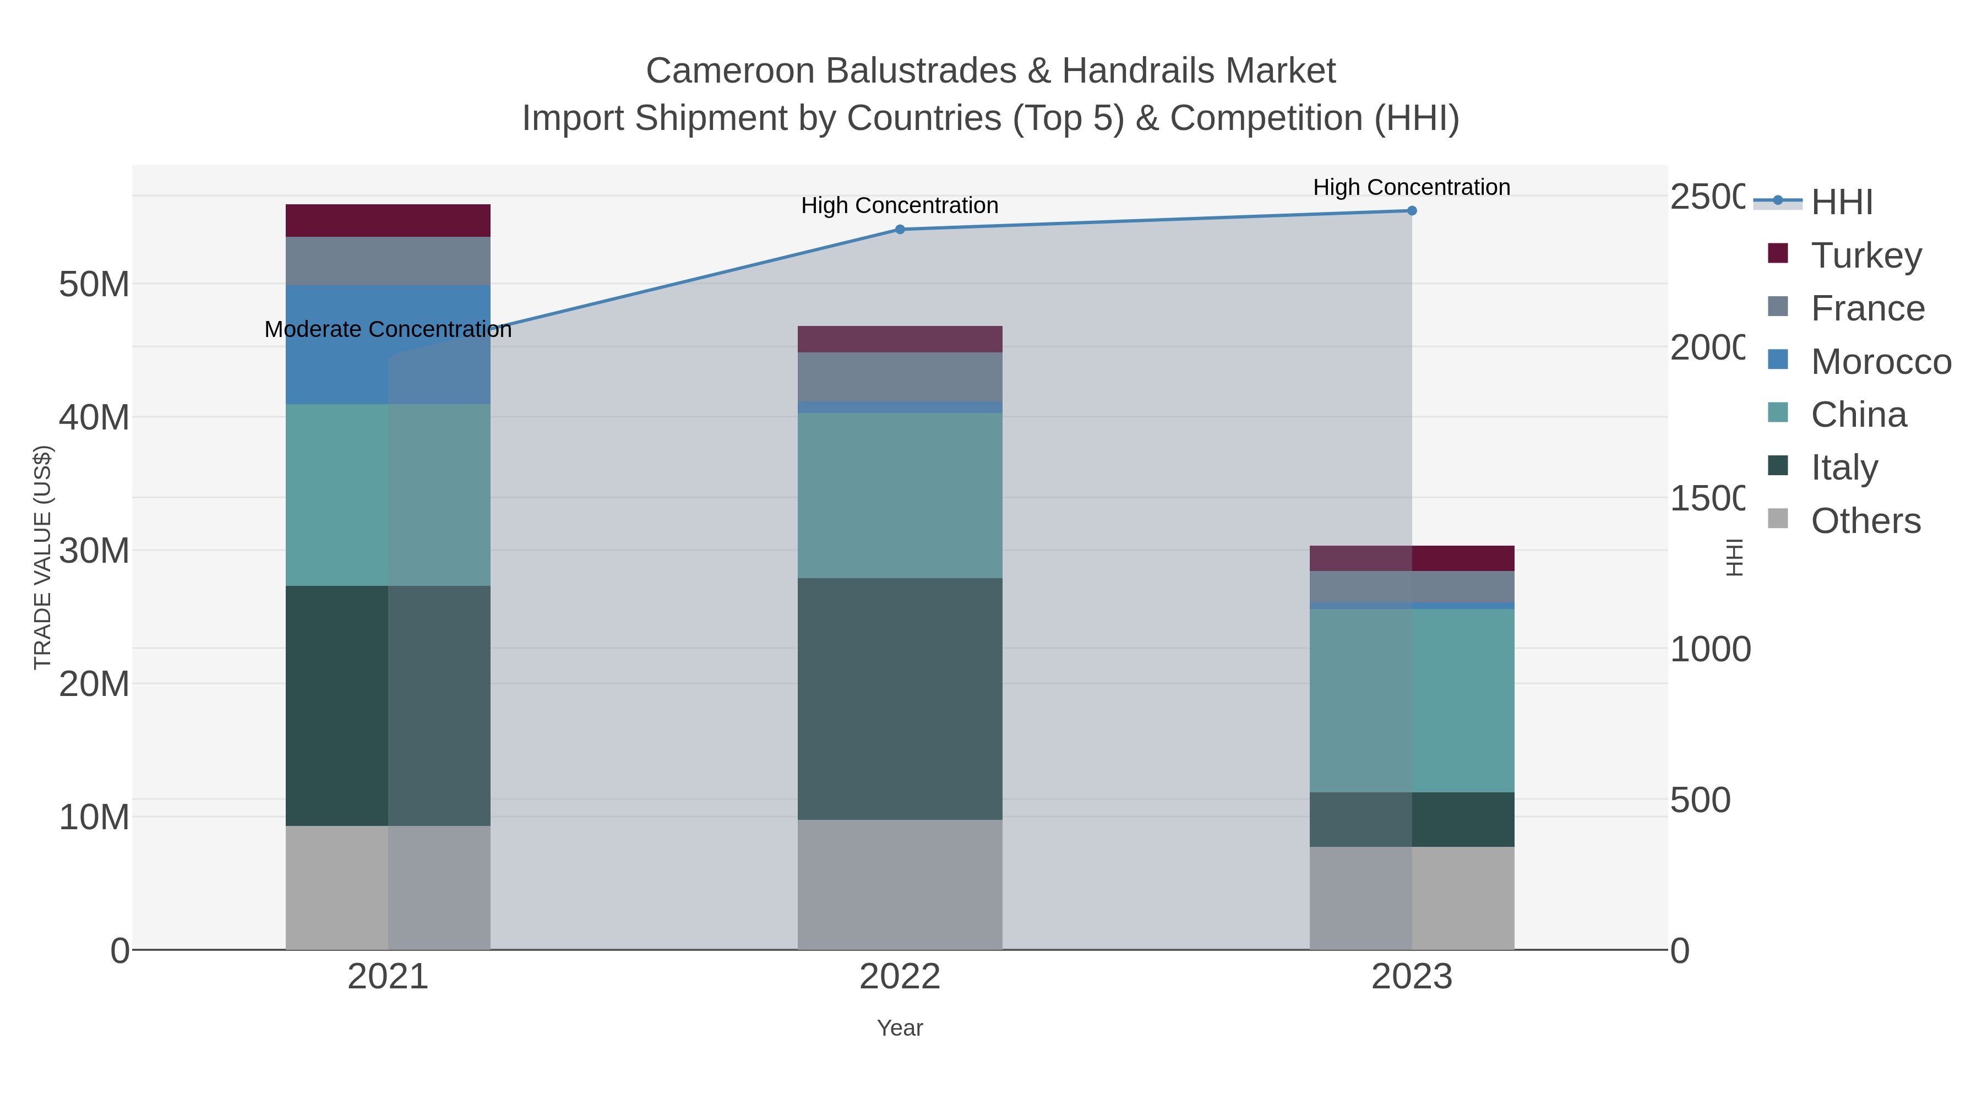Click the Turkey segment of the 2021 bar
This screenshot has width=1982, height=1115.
coord(388,221)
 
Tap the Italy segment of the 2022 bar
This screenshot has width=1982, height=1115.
coord(900,699)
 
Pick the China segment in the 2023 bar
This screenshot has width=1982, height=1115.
coord(1412,700)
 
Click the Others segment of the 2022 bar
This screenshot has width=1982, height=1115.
coord(900,885)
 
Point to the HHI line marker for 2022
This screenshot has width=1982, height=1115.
coord(900,229)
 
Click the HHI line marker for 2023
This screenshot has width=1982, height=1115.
coord(1412,211)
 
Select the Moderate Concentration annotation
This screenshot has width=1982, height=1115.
coord(388,329)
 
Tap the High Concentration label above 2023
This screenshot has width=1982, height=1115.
coord(1412,187)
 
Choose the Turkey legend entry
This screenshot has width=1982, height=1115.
coord(1866,255)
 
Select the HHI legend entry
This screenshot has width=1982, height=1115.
coord(1841,203)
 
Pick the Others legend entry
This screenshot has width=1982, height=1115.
coord(1865,521)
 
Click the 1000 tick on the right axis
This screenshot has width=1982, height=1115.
coord(1709,650)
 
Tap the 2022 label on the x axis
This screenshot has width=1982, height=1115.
coord(900,977)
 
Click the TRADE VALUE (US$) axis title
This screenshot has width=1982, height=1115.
coord(42,557)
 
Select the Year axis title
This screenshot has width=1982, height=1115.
coord(900,1028)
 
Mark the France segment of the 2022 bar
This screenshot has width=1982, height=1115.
coord(900,377)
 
